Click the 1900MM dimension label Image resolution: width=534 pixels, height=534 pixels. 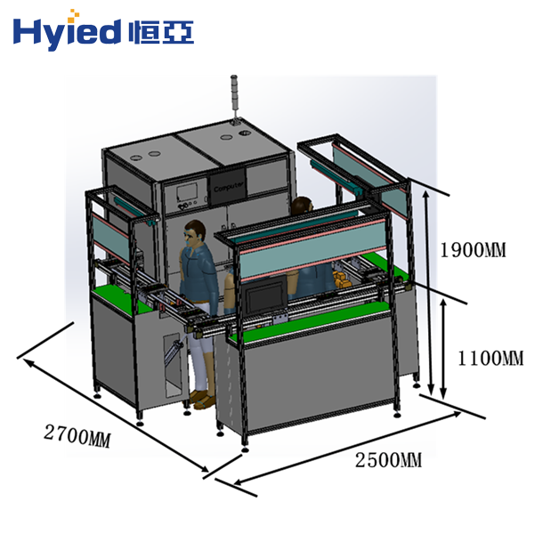pyautogui.click(x=473, y=250)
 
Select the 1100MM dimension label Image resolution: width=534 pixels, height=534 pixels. pyautogui.click(x=490, y=359)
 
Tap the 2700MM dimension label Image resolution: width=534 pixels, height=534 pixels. pyautogui.click(x=77, y=435)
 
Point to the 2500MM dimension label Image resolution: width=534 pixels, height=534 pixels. pyautogui.click(x=389, y=460)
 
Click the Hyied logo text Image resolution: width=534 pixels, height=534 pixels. pyautogui.click(x=67, y=32)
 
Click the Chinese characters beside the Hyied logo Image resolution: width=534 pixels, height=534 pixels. pyautogui.click(x=161, y=32)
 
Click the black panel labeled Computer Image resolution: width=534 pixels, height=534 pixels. pyautogui.click(x=228, y=187)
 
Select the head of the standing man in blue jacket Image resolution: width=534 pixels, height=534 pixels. pyautogui.click(x=194, y=232)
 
